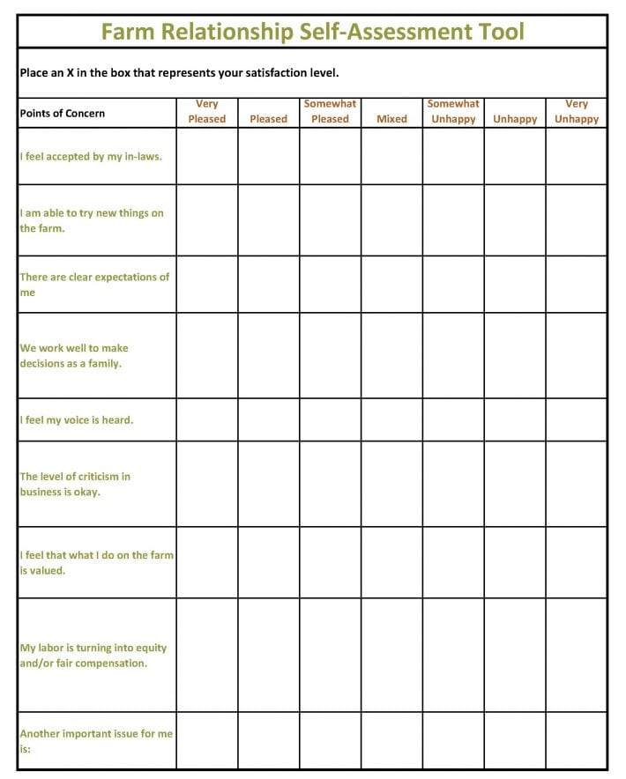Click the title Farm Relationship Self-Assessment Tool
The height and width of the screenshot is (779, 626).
(x=312, y=33)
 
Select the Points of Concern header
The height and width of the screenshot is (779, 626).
(x=63, y=113)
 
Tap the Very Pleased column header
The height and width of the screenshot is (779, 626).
(x=207, y=112)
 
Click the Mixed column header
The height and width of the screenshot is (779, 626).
(x=391, y=119)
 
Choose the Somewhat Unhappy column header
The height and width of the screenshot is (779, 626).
(x=453, y=112)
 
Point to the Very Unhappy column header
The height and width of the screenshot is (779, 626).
(x=577, y=112)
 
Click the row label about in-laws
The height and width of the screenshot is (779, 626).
(x=91, y=157)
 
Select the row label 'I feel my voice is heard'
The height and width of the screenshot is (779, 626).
(x=77, y=420)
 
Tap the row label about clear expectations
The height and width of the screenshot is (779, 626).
(x=94, y=285)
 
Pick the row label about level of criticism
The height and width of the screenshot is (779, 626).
(x=75, y=484)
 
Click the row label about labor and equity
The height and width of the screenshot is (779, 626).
(x=93, y=655)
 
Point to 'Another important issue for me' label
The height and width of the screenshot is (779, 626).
(x=96, y=741)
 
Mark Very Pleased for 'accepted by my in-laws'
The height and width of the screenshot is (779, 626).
(x=207, y=157)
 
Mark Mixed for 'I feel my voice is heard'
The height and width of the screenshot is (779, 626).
(x=391, y=420)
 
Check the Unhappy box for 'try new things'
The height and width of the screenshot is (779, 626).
(x=515, y=220)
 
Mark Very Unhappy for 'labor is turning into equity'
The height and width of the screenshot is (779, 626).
(x=577, y=655)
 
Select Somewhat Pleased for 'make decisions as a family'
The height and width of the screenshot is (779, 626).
(x=331, y=355)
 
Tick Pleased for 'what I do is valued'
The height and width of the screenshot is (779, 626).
(x=269, y=562)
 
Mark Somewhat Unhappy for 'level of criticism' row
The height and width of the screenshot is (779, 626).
(x=453, y=484)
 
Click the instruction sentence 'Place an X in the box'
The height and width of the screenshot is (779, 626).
(x=179, y=73)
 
